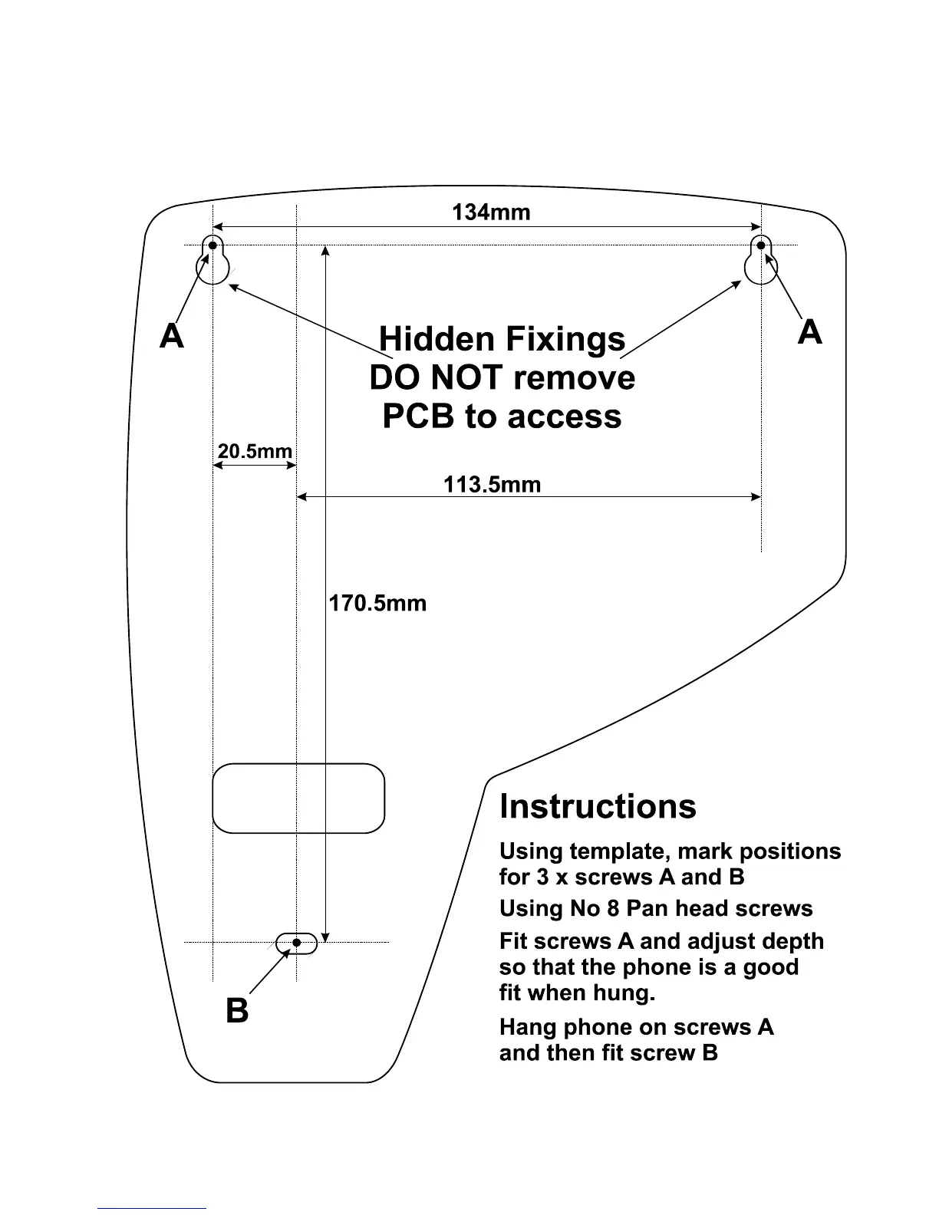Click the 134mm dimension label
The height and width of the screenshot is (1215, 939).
click(491, 212)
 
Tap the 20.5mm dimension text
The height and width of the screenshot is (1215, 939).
click(255, 451)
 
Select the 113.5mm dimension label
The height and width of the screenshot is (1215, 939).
click(492, 485)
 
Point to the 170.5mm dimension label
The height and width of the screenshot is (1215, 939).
click(377, 603)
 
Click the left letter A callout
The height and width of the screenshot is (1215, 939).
click(172, 336)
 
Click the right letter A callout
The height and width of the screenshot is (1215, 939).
click(809, 333)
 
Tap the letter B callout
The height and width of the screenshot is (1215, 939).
click(238, 1011)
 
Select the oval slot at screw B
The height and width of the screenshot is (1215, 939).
click(297, 943)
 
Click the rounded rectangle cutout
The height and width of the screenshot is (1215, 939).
click(298, 798)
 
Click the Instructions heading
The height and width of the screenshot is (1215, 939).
click(598, 807)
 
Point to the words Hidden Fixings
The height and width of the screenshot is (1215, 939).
click(502, 339)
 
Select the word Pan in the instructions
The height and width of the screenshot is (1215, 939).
click(647, 909)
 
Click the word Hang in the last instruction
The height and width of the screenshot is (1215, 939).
click(528, 1028)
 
